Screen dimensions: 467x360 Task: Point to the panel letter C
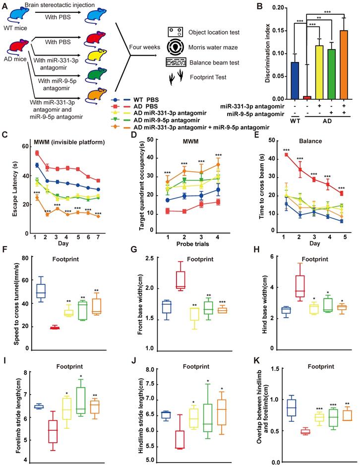pos(4,135)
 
